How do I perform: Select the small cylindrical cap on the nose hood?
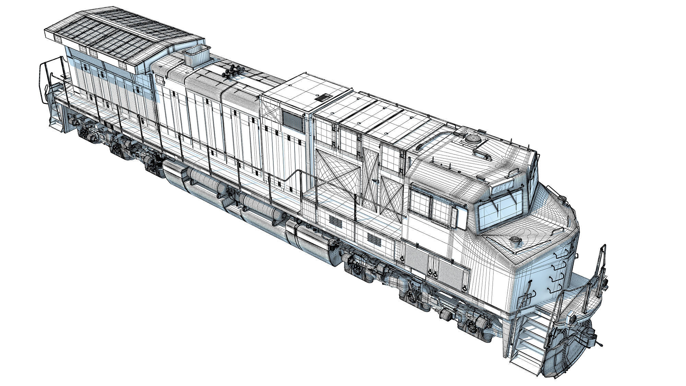click(514, 240)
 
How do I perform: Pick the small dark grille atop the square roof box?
click(322, 97)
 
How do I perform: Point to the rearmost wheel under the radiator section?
click(91, 137)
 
